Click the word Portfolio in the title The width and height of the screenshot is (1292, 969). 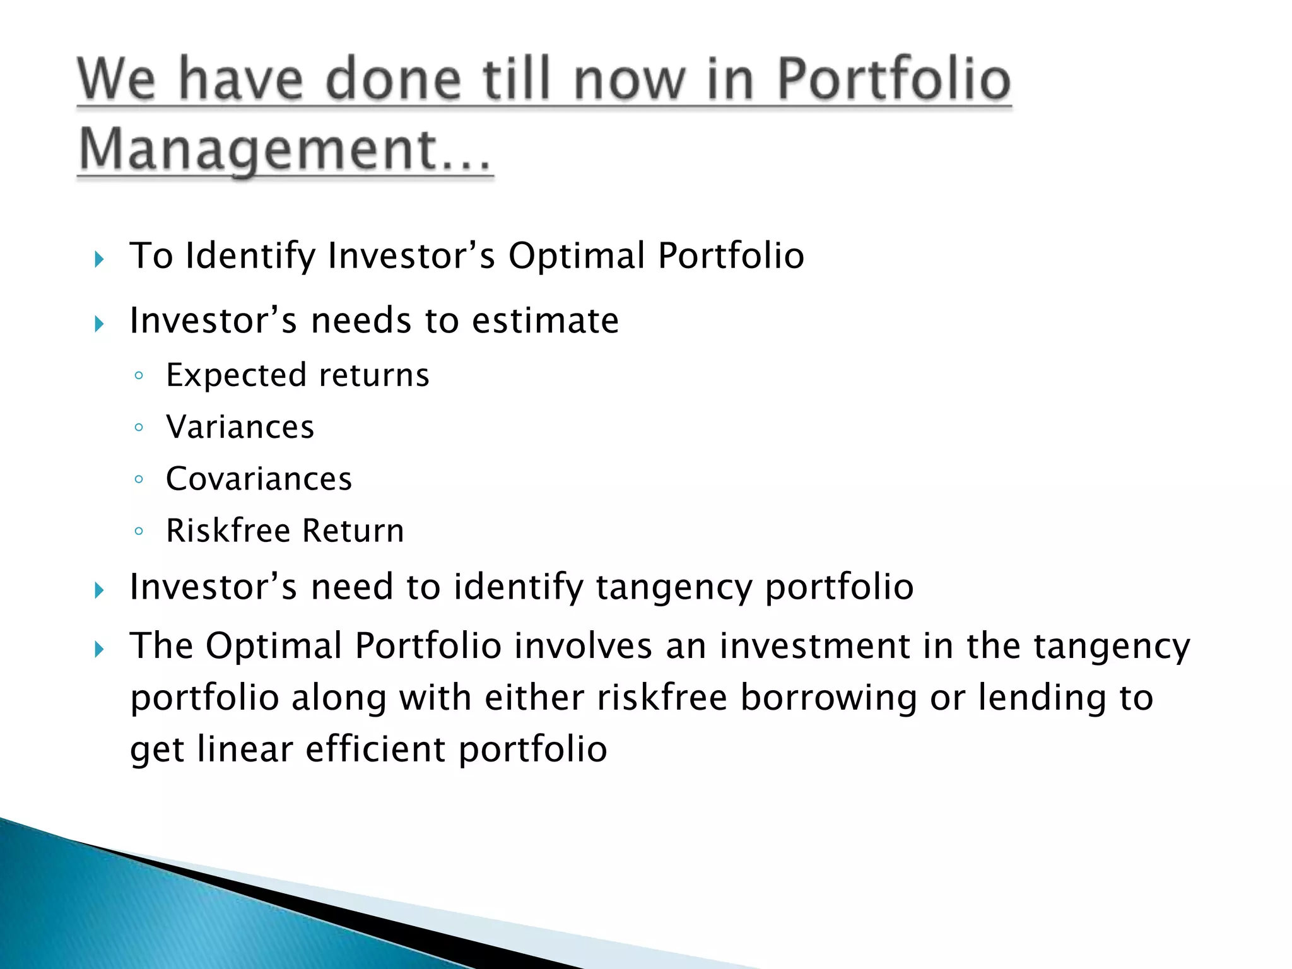tap(894, 79)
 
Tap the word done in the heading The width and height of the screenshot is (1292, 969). tap(393, 79)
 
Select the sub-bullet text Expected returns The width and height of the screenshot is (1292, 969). tap(298, 375)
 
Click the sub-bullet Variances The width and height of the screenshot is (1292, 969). tap(240, 427)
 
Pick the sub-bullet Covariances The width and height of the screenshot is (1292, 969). tap(259, 479)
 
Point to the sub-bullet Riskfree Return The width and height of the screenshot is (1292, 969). tap(285, 531)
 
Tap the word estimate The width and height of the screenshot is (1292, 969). tap(545, 320)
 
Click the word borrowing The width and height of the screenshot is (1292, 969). tap(828, 698)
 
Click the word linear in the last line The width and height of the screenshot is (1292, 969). tap(245, 749)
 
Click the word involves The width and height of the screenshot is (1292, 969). tap(583, 646)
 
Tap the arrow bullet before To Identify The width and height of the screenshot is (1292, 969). tap(99, 259)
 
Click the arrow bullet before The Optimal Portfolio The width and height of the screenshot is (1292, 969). tap(99, 649)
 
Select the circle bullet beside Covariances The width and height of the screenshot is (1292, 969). tap(139, 479)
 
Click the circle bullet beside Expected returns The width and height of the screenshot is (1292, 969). tap(139, 376)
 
